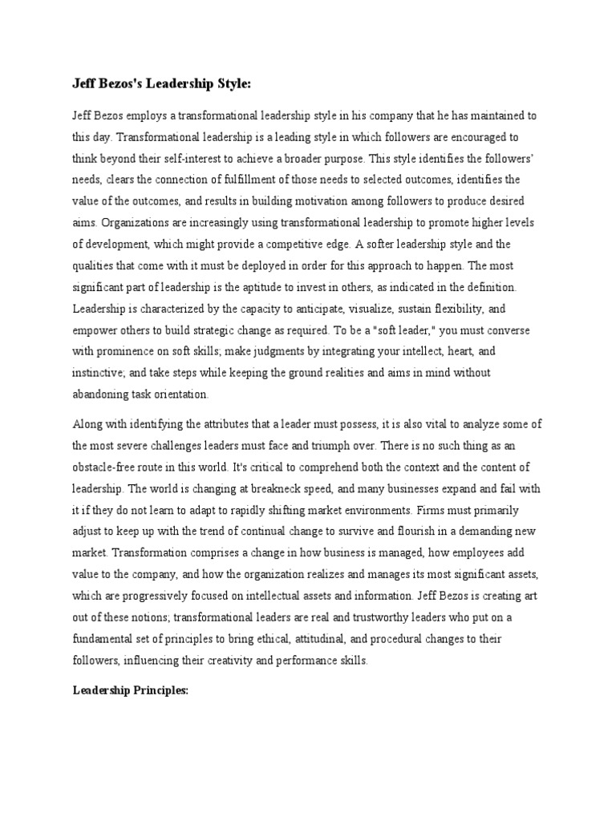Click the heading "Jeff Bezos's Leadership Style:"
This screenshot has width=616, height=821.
162,83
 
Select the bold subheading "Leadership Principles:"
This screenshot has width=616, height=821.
130,690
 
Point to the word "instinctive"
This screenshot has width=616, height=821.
99,373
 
